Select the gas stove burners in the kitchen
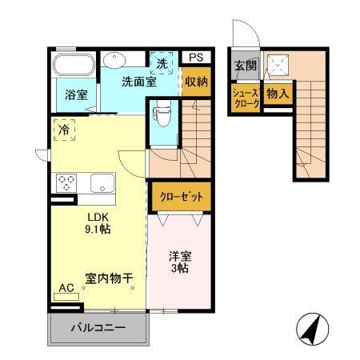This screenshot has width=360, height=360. [65, 182]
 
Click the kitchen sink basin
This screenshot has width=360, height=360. [102, 182]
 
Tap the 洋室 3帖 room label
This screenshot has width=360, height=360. [179, 262]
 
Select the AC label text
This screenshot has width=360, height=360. [67, 286]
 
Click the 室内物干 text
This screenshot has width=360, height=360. [109, 279]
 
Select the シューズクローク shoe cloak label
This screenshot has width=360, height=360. [245, 98]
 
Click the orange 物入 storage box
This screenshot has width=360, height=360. [276, 94]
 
